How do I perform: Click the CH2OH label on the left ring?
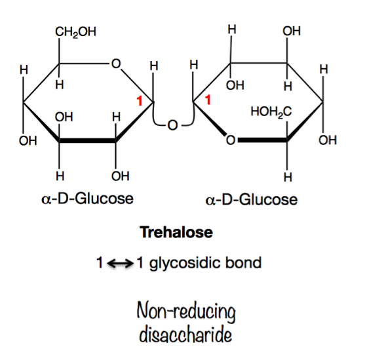tap(75, 32)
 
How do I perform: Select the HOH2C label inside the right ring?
tap(271, 111)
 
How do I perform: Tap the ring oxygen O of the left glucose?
tap(116, 64)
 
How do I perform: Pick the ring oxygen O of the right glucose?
tap(231, 140)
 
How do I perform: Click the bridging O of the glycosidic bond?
tap(172, 125)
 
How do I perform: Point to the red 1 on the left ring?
tap(140, 101)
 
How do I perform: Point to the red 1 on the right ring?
tap(208, 100)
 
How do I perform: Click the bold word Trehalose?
tap(176, 232)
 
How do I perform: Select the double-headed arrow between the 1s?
tap(120, 263)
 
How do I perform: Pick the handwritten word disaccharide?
tap(185, 335)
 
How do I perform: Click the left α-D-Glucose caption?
tap(87, 199)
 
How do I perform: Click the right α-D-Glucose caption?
tap(251, 199)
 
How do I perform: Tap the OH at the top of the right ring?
tap(292, 31)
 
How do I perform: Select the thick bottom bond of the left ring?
tap(87, 140)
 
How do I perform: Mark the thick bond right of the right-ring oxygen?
tap(262, 140)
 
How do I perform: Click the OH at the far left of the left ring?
tap(28, 141)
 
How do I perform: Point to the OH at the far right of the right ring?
tap(328, 140)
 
